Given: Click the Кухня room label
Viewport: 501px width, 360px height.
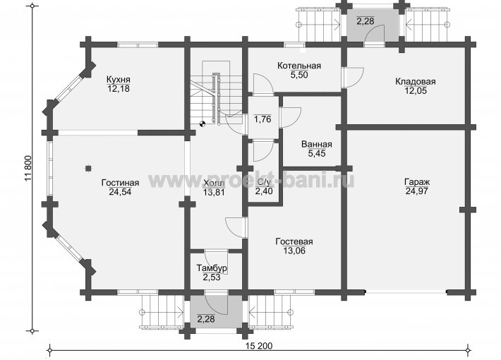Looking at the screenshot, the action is click(x=119, y=79).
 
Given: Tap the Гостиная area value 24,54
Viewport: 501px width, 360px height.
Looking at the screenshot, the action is click(x=120, y=192).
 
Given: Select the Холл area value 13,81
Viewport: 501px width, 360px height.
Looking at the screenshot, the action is click(x=214, y=193).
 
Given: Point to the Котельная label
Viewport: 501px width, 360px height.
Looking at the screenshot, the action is click(x=299, y=66).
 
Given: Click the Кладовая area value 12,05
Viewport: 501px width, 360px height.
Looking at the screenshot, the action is click(x=416, y=91).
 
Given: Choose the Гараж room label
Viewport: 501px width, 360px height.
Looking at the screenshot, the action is click(x=417, y=182).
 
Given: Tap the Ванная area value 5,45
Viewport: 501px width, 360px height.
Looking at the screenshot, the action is click(x=317, y=153).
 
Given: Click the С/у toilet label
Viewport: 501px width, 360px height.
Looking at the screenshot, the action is click(x=264, y=182).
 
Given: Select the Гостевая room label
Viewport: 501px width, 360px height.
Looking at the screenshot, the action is click(x=294, y=241).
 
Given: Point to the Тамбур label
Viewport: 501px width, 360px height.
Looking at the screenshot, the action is click(x=212, y=268).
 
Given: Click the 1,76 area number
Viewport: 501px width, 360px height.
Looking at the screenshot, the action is click(x=262, y=119).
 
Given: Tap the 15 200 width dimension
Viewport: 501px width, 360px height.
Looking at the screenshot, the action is click(x=259, y=346).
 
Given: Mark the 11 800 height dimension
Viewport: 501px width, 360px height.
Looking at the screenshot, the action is click(x=28, y=169).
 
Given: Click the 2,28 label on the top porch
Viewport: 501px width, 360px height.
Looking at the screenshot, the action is click(x=366, y=21).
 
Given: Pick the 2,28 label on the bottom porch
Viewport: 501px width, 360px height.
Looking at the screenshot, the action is click(x=206, y=319).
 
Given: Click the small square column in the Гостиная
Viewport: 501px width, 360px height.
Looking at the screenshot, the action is click(x=88, y=168).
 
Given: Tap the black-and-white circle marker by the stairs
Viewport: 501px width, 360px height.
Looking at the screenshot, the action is click(x=202, y=124).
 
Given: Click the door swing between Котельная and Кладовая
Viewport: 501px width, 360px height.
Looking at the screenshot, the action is click(x=355, y=77).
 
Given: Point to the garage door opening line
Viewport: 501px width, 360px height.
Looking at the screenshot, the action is click(x=406, y=292).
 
